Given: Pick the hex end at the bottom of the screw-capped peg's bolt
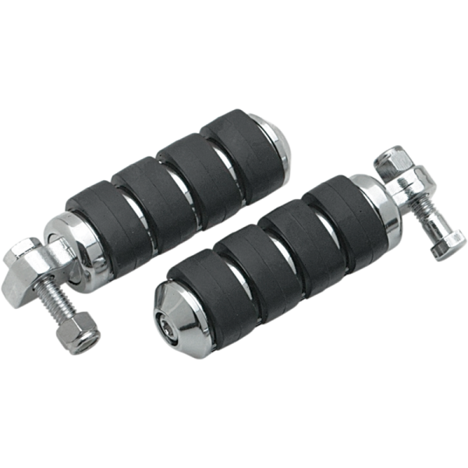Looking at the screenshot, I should point(449,243).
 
